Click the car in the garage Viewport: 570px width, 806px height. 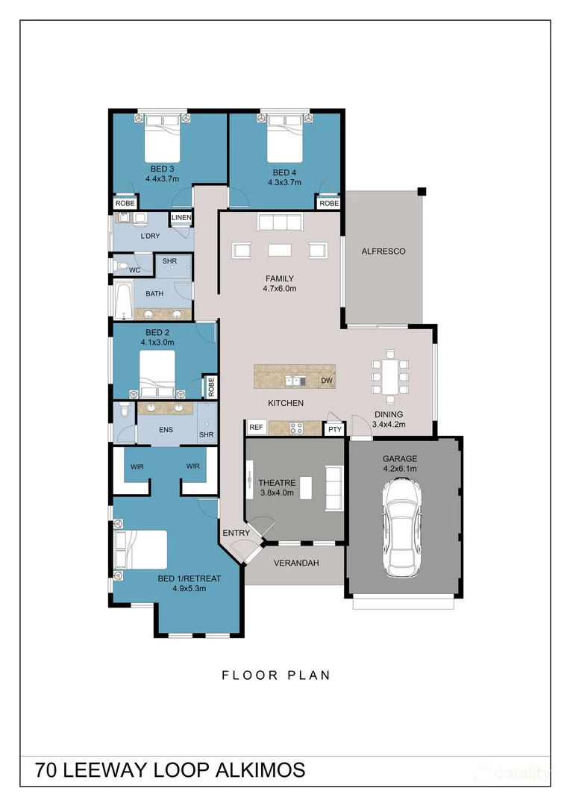[401, 527]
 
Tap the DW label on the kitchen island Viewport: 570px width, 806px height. [327, 381]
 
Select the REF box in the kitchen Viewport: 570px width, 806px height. [256, 427]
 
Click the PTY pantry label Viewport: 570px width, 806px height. [335, 429]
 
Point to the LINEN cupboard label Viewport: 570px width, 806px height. [181, 217]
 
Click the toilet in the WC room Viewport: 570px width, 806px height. [120, 266]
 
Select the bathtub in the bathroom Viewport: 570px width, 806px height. [123, 301]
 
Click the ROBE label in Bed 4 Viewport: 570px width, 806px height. [329, 203]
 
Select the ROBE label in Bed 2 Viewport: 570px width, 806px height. [210, 387]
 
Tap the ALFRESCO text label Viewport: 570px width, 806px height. [383, 252]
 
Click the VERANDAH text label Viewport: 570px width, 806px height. [296, 563]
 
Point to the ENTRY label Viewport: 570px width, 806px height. [236, 533]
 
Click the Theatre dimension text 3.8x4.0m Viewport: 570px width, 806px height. [277, 493]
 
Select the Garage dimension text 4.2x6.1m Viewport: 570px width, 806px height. [400, 468]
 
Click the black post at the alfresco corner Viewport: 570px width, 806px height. [422, 192]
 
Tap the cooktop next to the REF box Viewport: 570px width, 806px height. [297, 428]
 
